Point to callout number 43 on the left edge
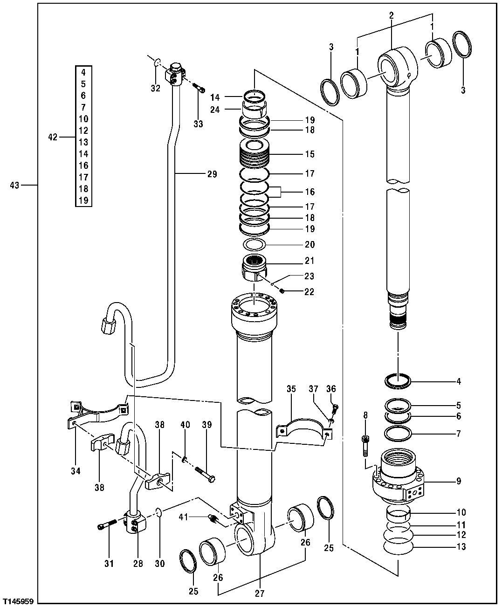tap(14, 186)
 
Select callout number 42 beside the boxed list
tap(53, 137)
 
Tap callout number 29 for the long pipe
tap(212, 174)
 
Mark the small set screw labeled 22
tap(282, 292)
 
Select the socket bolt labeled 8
tap(365, 444)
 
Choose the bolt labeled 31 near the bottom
tap(108, 526)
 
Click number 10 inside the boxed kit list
tap(83, 119)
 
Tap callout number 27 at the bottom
tap(260, 593)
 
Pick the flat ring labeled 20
tap(254, 244)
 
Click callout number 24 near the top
tap(214, 110)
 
